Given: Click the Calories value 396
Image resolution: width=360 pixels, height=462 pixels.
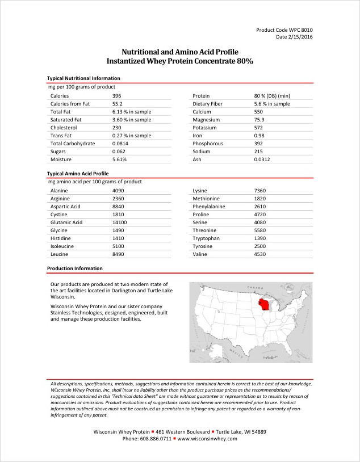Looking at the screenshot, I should pyautogui.click(x=117, y=96).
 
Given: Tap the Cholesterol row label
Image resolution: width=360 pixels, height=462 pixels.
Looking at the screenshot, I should pyautogui.click(x=63, y=128).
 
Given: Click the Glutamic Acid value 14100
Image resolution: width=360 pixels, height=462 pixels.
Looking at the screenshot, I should pyautogui.click(x=120, y=222).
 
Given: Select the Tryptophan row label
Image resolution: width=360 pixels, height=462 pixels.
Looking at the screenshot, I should pyautogui.click(x=207, y=238).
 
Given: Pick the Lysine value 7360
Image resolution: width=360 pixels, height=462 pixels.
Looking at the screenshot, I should pyautogui.click(x=260, y=191).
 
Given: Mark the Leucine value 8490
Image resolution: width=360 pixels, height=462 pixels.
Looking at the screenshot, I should pyautogui.click(x=118, y=254).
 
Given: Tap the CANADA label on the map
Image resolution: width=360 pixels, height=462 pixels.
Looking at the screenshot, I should pyautogui.click(x=253, y=288).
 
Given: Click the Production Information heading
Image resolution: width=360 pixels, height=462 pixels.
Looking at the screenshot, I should pyautogui.click(x=75, y=268).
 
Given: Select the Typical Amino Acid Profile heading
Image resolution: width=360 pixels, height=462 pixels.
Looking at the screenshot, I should pyautogui.click(x=78, y=173).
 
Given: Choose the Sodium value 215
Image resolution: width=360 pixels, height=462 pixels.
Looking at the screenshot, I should pyautogui.click(x=258, y=152).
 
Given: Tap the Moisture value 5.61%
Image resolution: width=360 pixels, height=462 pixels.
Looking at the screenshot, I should pyautogui.click(x=119, y=159).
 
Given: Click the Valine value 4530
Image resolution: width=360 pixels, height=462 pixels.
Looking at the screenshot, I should pyautogui.click(x=260, y=254).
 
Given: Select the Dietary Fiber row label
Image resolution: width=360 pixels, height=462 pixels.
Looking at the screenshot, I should pyautogui.click(x=208, y=104).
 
